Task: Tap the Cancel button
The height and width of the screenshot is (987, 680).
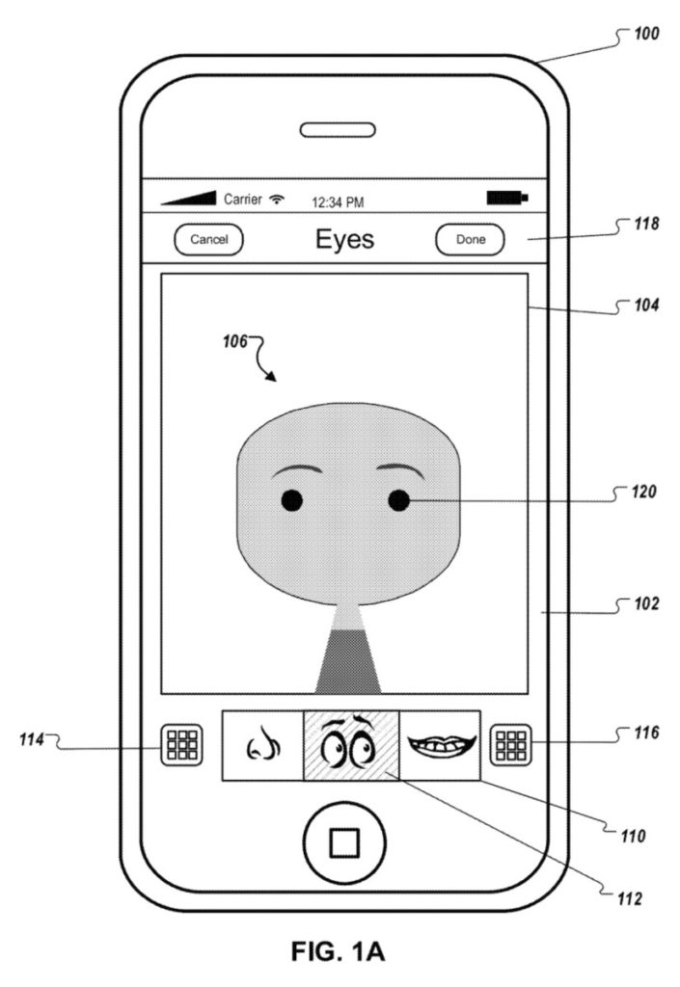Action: tap(208, 240)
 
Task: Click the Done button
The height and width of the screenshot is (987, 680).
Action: tap(470, 240)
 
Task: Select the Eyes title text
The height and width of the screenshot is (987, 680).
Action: tap(344, 239)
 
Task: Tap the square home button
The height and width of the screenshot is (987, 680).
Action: tap(343, 842)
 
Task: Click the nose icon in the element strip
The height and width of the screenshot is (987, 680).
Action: tap(262, 745)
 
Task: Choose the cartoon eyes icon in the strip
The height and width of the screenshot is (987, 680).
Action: tap(351, 745)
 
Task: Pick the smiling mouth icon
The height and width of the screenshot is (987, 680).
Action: tap(440, 744)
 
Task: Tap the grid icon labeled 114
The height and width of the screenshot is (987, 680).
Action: tap(181, 745)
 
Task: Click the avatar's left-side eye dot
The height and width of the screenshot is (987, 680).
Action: tap(292, 500)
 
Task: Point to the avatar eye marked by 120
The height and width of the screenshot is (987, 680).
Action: tap(398, 499)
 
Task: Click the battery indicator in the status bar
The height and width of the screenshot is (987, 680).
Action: tap(506, 199)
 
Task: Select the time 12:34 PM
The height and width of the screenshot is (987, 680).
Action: tap(336, 202)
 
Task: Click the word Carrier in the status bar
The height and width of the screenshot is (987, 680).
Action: tap(244, 200)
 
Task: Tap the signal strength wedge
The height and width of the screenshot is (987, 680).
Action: tap(189, 198)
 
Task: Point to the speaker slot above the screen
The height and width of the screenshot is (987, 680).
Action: tap(343, 129)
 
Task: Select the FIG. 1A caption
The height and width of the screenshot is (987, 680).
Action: tap(340, 953)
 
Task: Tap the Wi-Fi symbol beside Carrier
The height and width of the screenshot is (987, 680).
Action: tap(279, 200)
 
